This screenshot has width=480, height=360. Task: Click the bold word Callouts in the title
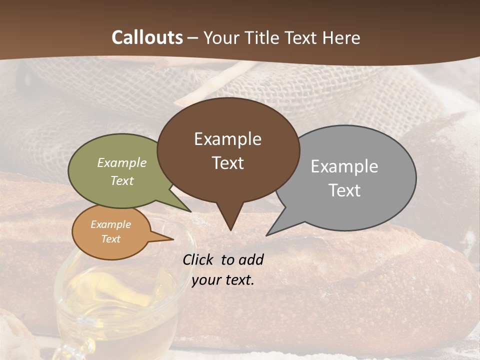[x=147, y=37]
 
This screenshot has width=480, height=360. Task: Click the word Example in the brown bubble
[x=227, y=139]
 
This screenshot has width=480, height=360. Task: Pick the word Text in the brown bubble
[x=227, y=163]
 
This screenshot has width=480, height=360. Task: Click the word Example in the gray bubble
[x=344, y=166]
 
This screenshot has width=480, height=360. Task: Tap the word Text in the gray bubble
[x=344, y=190]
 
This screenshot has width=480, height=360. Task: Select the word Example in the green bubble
[x=121, y=162]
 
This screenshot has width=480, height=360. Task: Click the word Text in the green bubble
[x=121, y=180]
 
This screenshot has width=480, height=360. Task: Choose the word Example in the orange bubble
[x=110, y=224]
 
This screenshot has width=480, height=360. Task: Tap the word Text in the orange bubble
[x=110, y=239]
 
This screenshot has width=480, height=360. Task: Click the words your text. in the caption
[x=222, y=280]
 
